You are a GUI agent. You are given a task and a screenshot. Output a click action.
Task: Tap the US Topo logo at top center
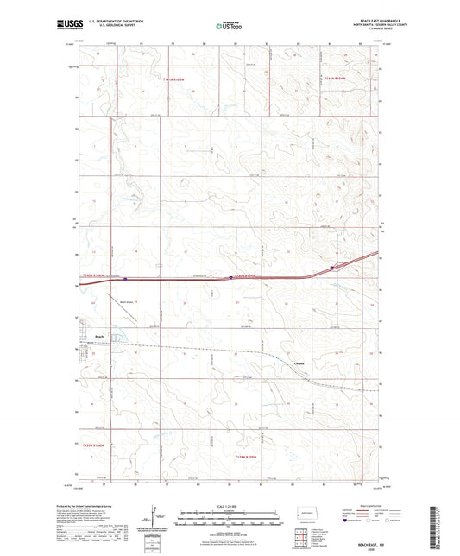[229, 27]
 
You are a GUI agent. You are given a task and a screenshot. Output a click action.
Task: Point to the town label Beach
[100, 336]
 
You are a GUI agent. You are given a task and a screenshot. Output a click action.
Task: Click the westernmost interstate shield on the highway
[126, 279]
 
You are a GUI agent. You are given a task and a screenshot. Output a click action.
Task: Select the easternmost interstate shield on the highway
[331, 268]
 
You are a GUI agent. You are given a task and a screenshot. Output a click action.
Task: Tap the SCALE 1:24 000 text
[229, 506]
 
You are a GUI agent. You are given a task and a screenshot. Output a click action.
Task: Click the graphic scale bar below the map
[229, 518]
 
